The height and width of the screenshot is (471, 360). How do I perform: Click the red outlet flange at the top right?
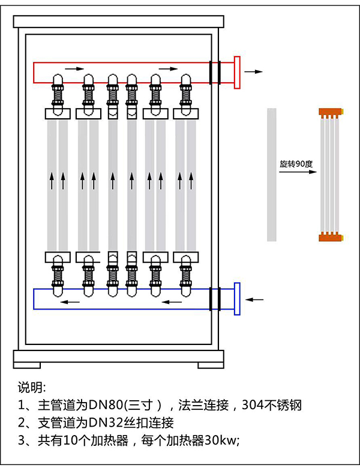pyautogui.click(x=237, y=72)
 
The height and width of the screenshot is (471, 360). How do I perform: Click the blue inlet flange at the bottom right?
pyautogui.click(x=237, y=298)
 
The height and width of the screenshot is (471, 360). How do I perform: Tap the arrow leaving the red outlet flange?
pyautogui.click(x=254, y=71)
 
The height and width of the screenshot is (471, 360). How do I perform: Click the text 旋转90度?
pyautogui.click(x=293, y=163)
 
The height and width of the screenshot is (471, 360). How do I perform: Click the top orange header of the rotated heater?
pyautogui.click(x=329, y=112)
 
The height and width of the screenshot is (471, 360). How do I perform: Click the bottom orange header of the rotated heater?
pyautogui.click(x=329, y=236)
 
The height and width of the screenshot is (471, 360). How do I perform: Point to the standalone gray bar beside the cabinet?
pyautogui.click(x=272, y=174)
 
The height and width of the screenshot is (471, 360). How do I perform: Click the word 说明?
pyautogui.click(x=31, y=386)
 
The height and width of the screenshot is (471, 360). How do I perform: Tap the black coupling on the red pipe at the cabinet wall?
pyautogui.click(x=215, y=72)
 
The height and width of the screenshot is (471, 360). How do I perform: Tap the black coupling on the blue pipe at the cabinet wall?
pyautogui.click(x=215, y=298)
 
